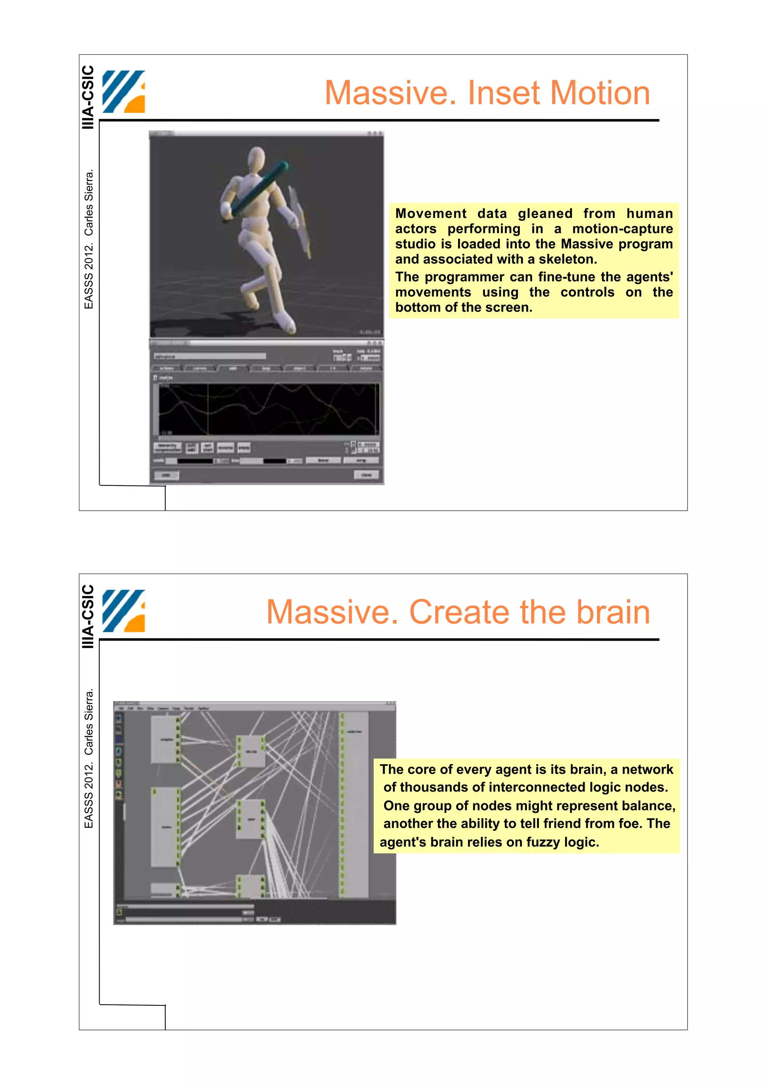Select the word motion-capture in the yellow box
click(622, 229)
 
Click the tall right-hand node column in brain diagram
click(354, 803)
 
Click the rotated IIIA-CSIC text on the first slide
click(88, 97)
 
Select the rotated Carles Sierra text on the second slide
click(88, 721)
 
